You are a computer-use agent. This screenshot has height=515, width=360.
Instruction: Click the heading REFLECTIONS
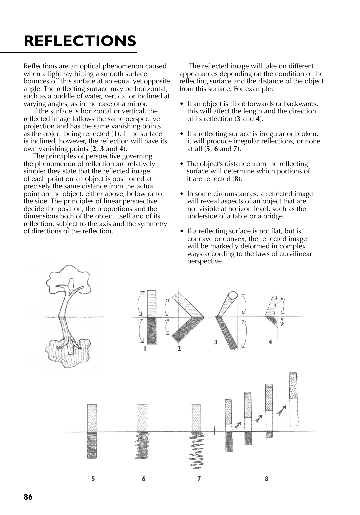point(80,41)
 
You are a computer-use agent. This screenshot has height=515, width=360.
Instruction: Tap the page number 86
point(28,497)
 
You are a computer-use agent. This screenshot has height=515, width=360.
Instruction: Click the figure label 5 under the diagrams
point(93,479)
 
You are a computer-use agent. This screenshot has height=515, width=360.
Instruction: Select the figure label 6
point(144,479)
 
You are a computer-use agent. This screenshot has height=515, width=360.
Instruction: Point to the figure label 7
point(199,479)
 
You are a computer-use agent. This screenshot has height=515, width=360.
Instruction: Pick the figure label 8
point(267,479)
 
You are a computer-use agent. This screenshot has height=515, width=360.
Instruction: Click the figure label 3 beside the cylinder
point(216,342)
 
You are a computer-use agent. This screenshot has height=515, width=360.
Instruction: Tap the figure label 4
point(270,342)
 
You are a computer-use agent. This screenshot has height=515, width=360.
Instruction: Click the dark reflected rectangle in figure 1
point(152,330)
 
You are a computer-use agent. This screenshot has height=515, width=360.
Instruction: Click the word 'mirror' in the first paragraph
point(137,104)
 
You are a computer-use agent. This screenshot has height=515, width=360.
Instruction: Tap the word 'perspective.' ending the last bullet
point(205,261)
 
